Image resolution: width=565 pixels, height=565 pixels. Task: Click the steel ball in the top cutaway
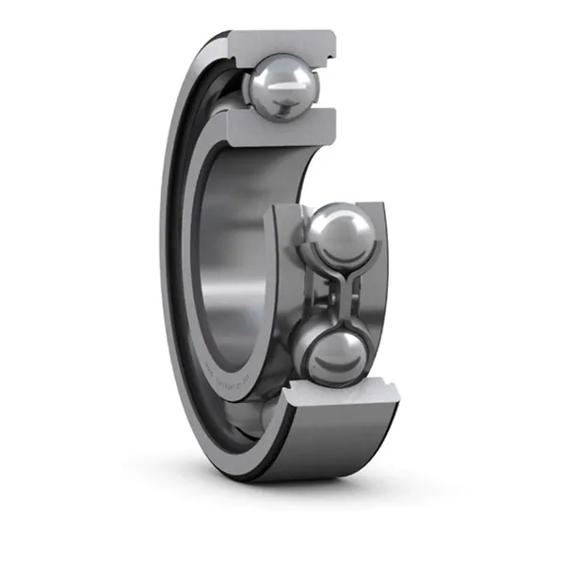coord(282,83)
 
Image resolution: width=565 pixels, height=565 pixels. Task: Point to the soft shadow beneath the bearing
coord(311,490)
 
